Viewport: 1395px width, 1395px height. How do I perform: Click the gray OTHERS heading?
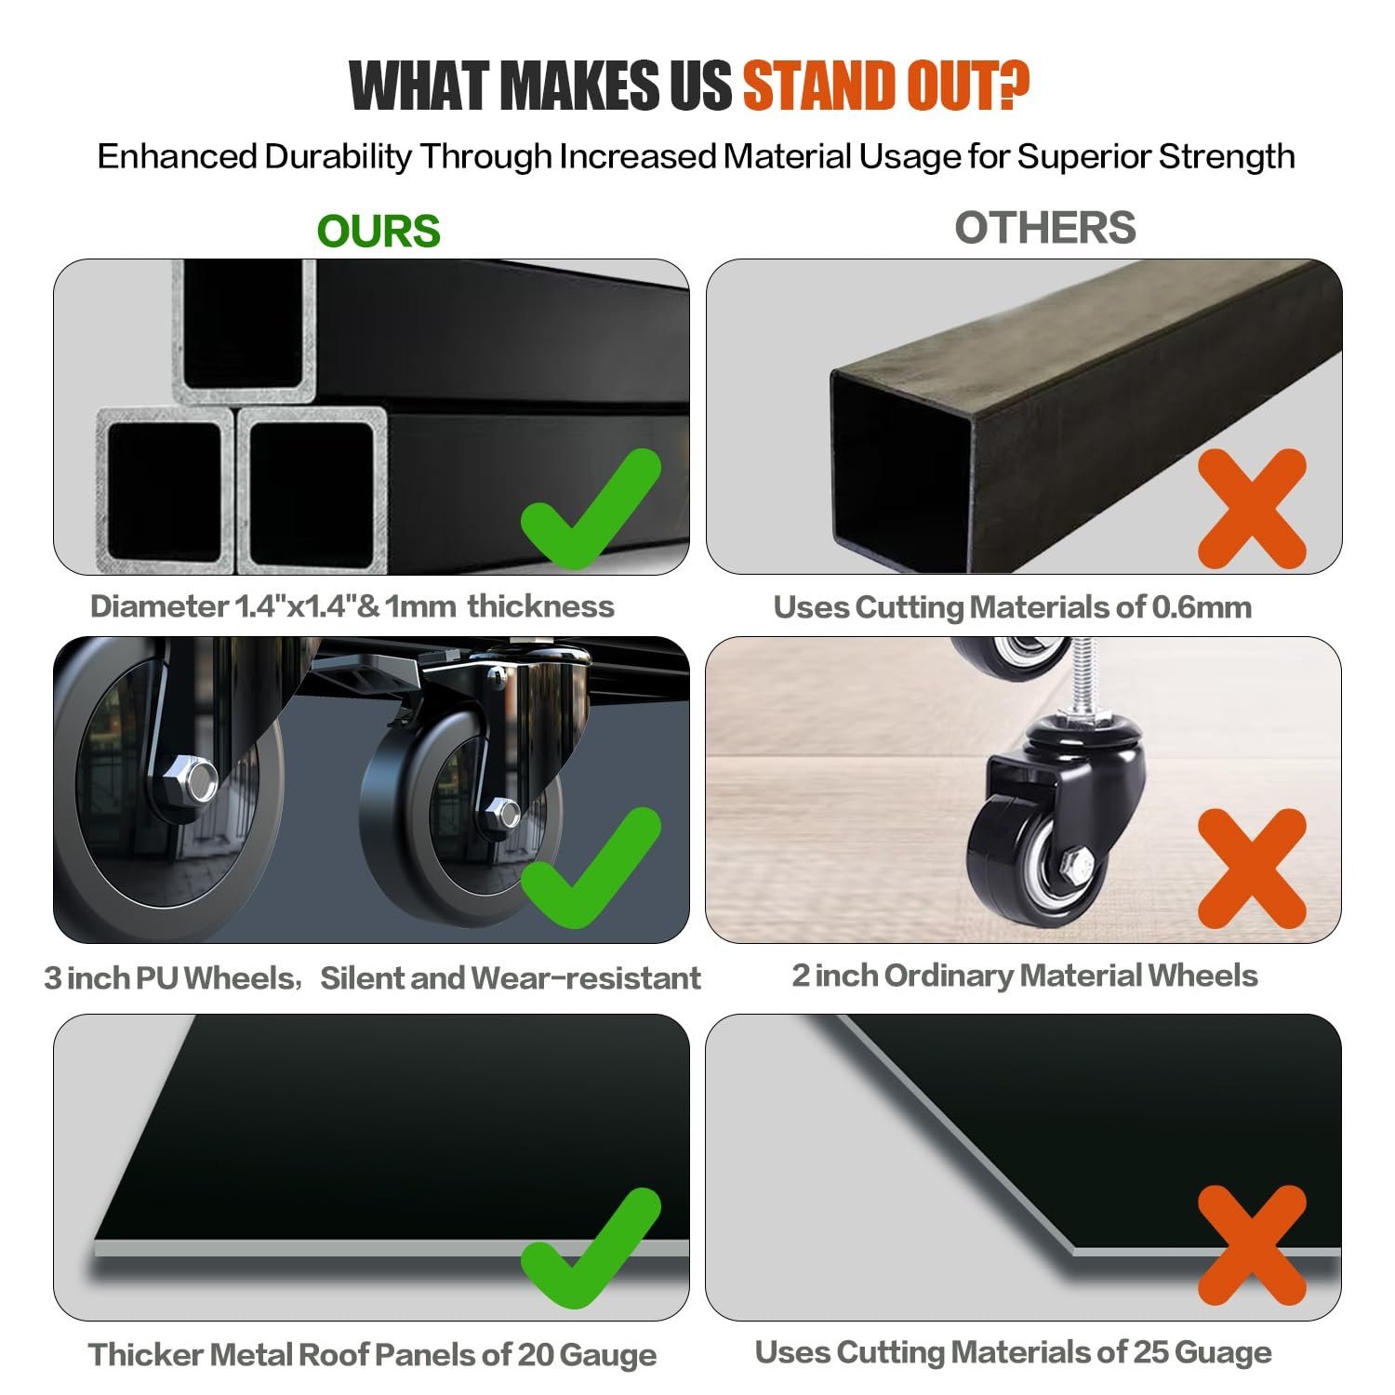[1045, 228]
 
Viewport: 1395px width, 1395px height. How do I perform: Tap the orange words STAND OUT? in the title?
[885, 86]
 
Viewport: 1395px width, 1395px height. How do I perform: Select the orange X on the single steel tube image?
[1252, 509]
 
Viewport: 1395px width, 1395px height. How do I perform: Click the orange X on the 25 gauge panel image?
[1252, 1245]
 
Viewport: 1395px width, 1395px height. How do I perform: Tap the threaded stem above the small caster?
[1075, 675]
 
